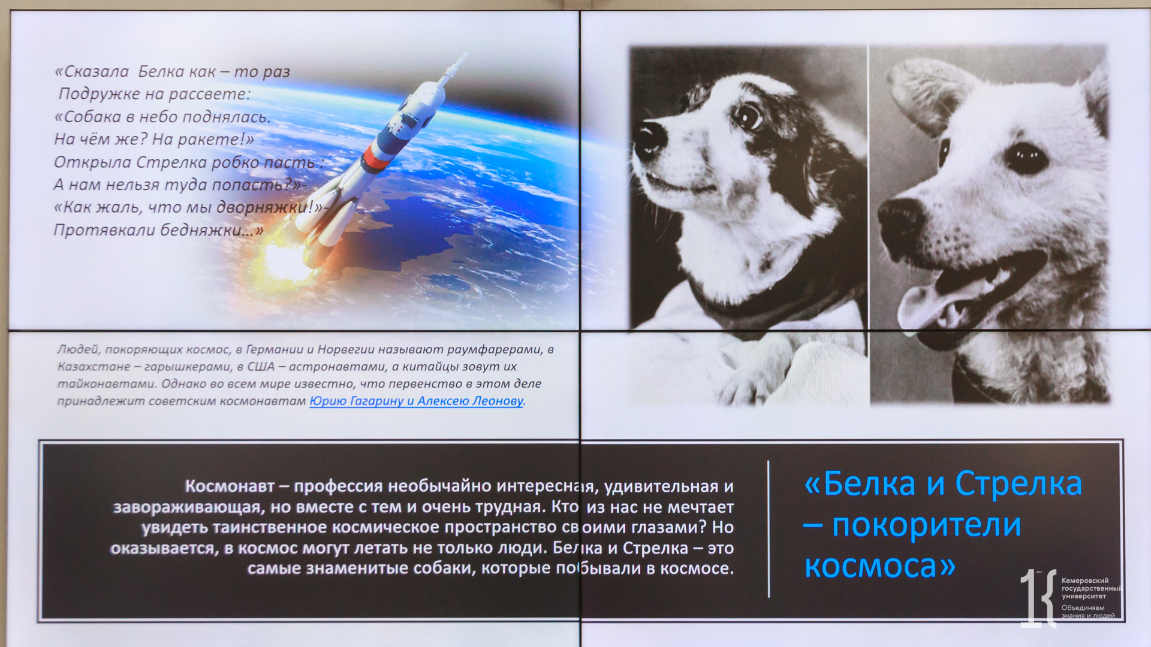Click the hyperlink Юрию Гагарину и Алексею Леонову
pyautogui.click(x=417, y=401)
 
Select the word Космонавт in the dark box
pyautogui.click(x=230, y=486)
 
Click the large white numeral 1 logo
pyautogui.click(x=1031, y=598)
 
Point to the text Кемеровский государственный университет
pyautogui.click(x=1091, y=588)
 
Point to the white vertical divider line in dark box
pyautogui.click(x=769, y=529)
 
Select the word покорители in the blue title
pyautogui.click(x=926, y=525)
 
